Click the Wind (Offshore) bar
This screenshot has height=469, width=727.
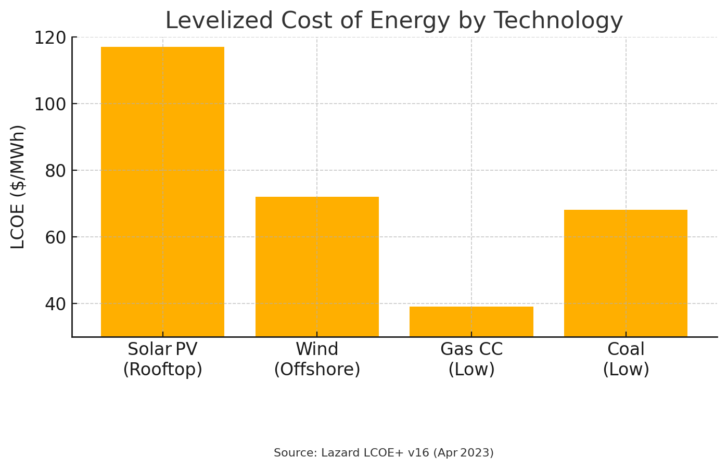[x=317, y=267]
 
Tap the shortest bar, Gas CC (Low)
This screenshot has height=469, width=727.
[x=471, y=321]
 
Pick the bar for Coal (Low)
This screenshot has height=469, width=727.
[x=626, y=273]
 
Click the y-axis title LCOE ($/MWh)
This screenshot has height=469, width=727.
[x=18, y=187]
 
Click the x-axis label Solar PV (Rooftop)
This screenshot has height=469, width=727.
[x=162, y=359]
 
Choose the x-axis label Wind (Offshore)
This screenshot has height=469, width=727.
[x=317, y=359]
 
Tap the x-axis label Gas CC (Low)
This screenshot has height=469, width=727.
[x=471, y=359]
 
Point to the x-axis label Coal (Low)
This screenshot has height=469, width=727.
[x=626, y=359]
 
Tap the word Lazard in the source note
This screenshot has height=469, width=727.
[x=339, y=453]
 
